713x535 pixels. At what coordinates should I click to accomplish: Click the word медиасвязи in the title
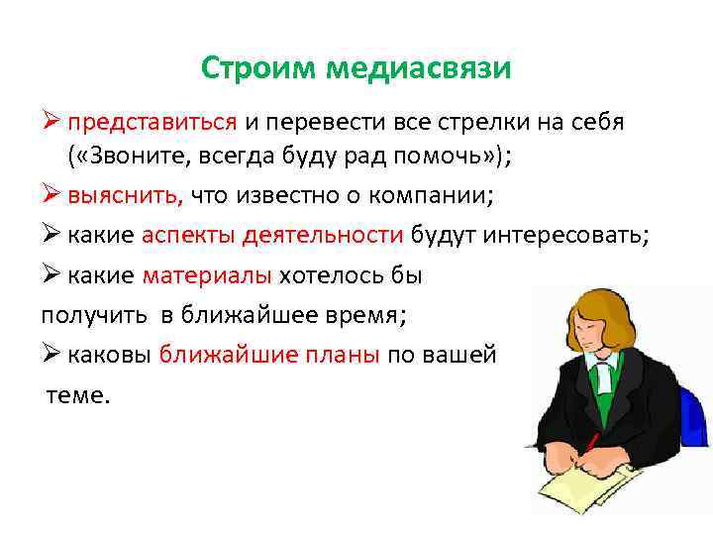tap(418, 68)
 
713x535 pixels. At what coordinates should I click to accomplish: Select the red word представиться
tap(153, 123)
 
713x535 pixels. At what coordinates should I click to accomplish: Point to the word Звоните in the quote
tap(133, 156)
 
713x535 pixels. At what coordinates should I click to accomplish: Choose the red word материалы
tap(208, 275)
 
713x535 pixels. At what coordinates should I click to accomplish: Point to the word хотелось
tap(326, 275)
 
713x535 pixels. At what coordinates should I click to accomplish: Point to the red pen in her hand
tap(591, 442)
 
